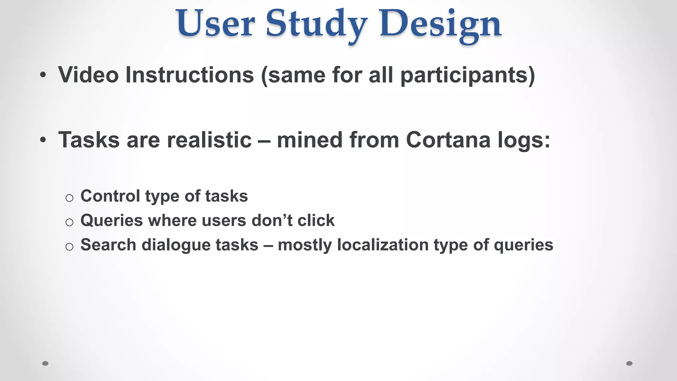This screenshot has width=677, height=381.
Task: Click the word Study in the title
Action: coord(316,24)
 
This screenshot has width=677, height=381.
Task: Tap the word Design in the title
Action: coord(440,24)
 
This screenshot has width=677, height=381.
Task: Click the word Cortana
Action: coord(448,140)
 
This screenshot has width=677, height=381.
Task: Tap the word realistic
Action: coord(209,140)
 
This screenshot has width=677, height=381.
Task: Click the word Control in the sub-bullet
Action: coord(110,196)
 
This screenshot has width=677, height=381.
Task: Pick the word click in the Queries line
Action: coord(316,220)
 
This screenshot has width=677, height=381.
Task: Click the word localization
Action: coord(382,245)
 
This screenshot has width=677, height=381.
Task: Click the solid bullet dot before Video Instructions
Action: coord(43,75)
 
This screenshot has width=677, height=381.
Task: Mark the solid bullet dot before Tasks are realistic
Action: coord(43,140)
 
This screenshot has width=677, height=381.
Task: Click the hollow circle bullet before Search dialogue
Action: coord(69,247)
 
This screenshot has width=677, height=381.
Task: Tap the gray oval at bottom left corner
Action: coord(45,363)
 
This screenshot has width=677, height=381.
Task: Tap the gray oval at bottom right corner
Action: coord(629,363)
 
